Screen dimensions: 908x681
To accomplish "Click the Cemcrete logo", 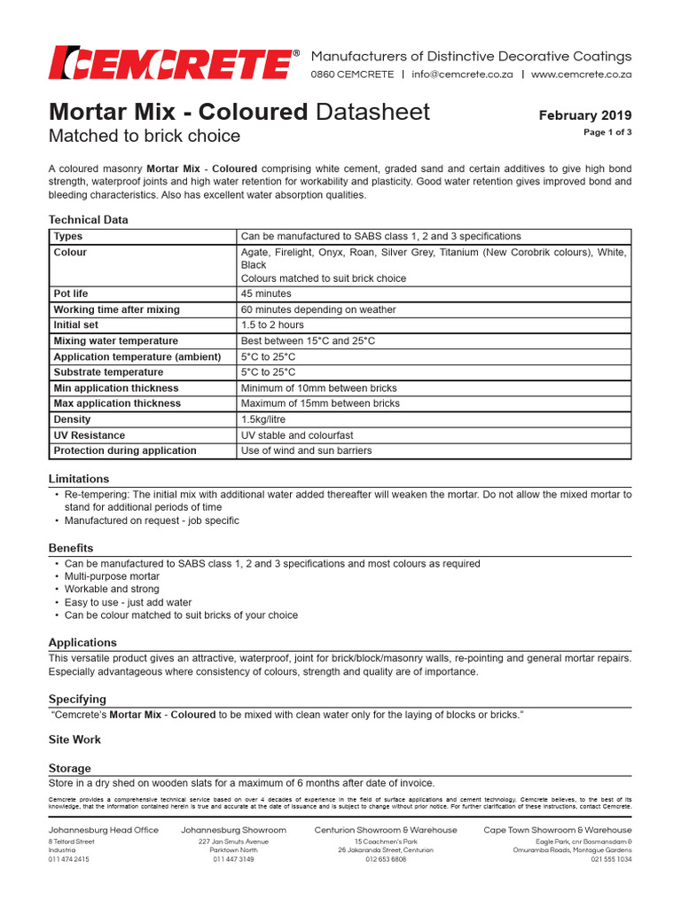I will click(169, 62).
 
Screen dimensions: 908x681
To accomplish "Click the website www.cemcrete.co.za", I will click(582, 74).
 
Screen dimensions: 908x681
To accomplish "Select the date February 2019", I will click(585, 115).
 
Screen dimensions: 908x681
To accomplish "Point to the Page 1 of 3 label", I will click(607, 132).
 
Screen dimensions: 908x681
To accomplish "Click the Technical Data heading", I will click(88, 219).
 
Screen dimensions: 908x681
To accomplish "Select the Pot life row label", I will click(71, 294).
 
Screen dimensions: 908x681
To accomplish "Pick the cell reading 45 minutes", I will click(266, 294).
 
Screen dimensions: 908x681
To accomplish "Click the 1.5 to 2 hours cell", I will click(272, 325).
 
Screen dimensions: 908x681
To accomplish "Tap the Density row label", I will click(72, 419).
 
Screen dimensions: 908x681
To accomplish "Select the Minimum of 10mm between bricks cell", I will click(319, 388).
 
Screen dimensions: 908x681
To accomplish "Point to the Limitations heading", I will click(79, 478).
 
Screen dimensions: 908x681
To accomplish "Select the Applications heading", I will click(82, 642).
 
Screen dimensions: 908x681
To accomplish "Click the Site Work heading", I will click(74, 739).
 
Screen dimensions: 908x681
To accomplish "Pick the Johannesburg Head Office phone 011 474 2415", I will click(69, 859).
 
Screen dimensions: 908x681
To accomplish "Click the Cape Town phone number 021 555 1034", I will click(611, 859).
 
